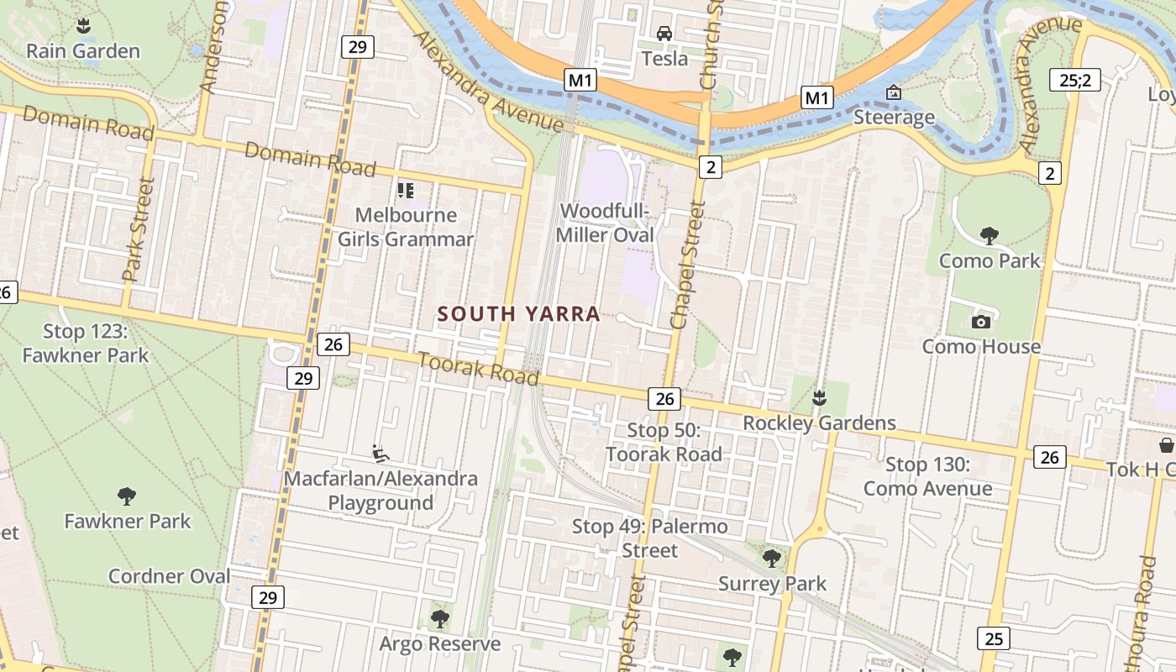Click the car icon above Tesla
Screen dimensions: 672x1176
(x=664, y=34)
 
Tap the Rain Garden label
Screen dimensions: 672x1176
(x=83, y=51)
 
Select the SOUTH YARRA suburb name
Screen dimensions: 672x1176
(x=519, y=314)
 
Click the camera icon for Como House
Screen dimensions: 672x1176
(x=980, y=322)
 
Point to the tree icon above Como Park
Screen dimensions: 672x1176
(x=990, y=235)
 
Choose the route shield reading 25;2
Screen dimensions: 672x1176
(x=1074, y=81)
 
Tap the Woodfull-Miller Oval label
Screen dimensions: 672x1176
(x=605, y=223)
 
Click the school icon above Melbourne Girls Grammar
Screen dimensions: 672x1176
(x=406, y=191)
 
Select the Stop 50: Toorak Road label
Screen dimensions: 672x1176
(x=664, y=443)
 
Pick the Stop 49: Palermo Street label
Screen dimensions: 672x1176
(x=649, y=538)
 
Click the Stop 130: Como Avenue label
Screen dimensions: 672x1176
(x=927, y=476)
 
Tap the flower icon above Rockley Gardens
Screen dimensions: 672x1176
(x=820, y=397)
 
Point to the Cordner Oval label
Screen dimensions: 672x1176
(x=169, y=576)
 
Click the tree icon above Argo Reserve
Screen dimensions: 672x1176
(x=439, y=620)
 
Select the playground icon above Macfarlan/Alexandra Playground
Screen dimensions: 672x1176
(x=381, y=454)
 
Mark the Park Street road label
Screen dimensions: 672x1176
(x=139, y=228)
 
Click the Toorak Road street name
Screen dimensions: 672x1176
(x=478, y=370)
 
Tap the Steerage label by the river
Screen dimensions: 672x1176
(x=894, y=117)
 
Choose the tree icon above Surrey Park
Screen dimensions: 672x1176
(x=772, y=558)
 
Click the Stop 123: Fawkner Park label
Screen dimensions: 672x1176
(x=85, y=343)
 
